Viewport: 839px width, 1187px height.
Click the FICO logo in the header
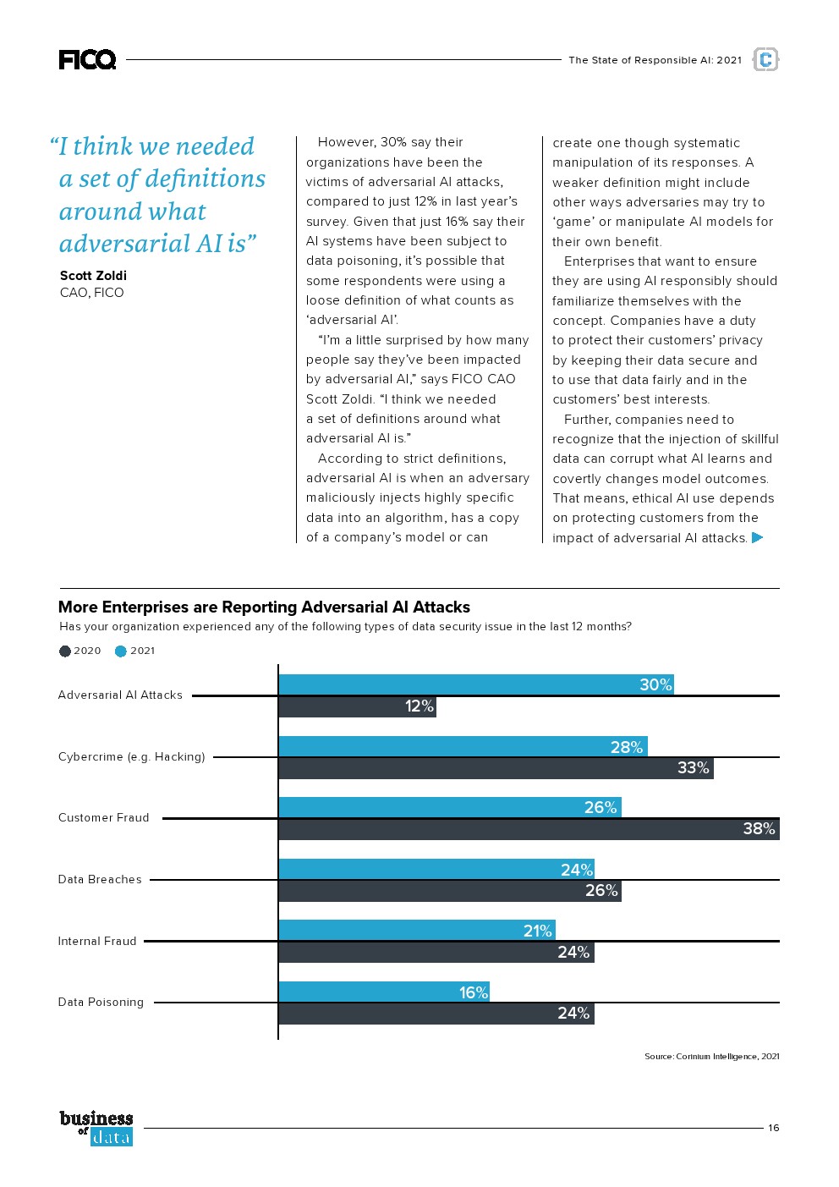point(87,60)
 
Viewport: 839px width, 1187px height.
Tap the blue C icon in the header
point(765,59)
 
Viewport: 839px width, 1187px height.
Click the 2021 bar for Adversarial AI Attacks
point(475,684)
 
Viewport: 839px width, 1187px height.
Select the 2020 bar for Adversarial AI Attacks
point(357,707)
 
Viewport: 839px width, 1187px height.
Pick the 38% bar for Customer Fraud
point(529,829)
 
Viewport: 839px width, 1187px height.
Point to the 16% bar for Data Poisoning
point(383,992)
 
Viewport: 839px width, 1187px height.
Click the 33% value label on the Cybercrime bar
point(693,768)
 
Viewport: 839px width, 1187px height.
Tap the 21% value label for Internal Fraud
point(537,931)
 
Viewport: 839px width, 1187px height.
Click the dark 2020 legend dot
point(64,651)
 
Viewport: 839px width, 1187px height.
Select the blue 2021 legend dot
point(121,651)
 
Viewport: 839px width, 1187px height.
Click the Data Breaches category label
point(100,880)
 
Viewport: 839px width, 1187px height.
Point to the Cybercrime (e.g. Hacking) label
point(131,756)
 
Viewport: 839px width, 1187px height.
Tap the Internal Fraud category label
point(97,941)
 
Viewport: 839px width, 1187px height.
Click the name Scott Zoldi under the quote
point(93,276)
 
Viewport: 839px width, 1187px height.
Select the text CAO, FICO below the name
point(91,293)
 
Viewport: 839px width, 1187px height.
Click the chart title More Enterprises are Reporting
point(264,607)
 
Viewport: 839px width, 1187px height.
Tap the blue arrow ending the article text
point(758,538)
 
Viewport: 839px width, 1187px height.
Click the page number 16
point(773,1128)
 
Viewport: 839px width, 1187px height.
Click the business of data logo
point(96,1128)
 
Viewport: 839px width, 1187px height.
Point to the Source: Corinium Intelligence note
point(712,1056)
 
